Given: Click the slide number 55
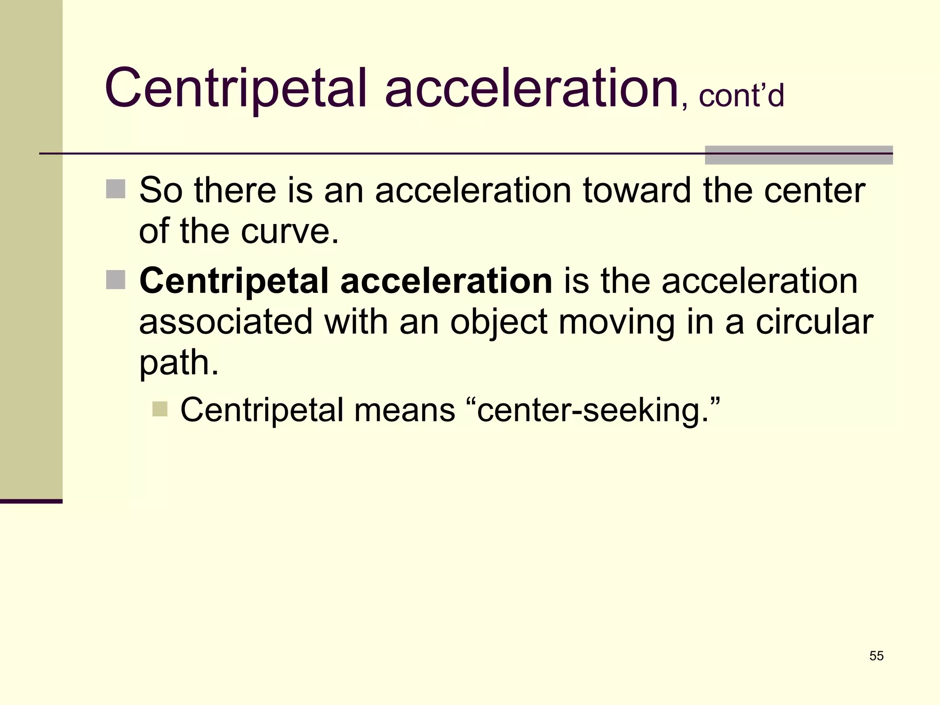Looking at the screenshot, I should pos(876,656).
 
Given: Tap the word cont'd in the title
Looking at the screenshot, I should pos(741,95).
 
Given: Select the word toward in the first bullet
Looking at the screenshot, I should pos(637,190).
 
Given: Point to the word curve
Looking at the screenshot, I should pos(290,231).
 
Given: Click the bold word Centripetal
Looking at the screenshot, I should pos(234,281).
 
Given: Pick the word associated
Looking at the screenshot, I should pos(226,321).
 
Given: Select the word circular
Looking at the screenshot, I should pos(814,321).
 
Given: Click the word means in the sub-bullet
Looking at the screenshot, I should pos(404,409).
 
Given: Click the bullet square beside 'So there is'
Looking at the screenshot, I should pos(116,189).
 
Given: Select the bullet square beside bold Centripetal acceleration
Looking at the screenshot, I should pos(116,280).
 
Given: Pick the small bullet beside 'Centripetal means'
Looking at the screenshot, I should pos(160,409).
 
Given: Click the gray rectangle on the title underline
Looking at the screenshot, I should pos(799,155).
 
